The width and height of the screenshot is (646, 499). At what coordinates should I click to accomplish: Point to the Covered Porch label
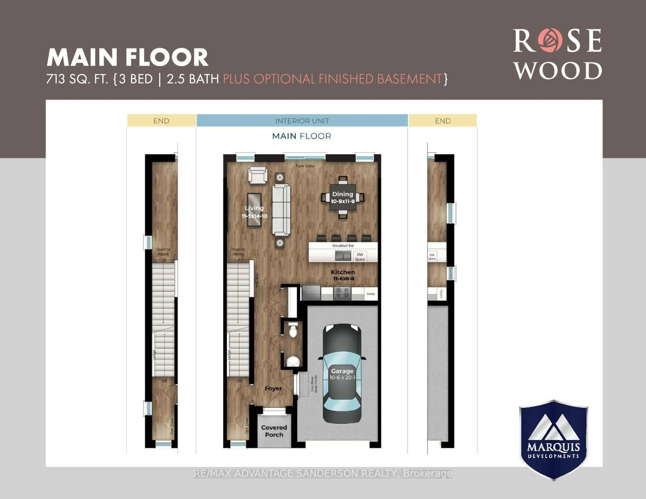point(274,431)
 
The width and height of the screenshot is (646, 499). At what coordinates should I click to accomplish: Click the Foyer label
point(273,388)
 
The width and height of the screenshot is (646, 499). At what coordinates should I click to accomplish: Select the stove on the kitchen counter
point(342,292)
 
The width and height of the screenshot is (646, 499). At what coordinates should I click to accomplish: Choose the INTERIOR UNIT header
point(302,121)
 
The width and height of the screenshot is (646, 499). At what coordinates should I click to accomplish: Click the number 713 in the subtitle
point(56,79)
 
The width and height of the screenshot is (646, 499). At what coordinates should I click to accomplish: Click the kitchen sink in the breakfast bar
point(343,256)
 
